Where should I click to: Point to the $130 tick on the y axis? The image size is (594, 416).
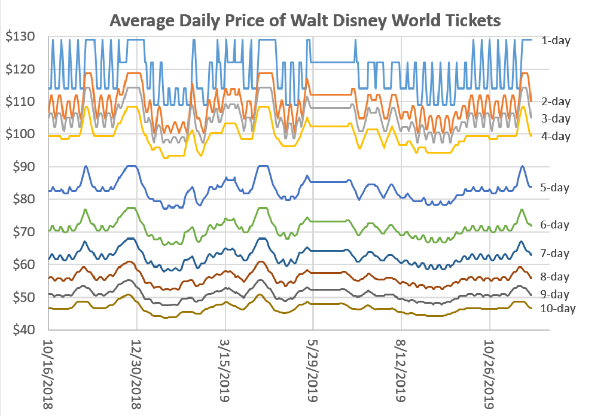21,37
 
